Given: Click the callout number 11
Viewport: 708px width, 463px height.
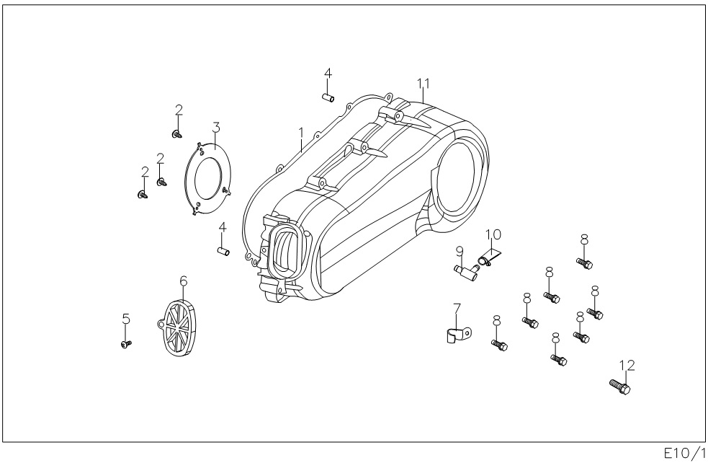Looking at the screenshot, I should pos(424,84).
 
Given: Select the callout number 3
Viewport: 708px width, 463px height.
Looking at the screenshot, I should pos(215,128).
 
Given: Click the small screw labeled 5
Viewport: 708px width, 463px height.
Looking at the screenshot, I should pos(126,345).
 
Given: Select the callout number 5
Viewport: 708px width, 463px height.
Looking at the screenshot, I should pos(126,317).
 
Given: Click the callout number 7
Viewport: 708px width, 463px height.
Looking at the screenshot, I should pos(455,309).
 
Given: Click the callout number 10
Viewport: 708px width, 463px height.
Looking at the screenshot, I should pos(493,234).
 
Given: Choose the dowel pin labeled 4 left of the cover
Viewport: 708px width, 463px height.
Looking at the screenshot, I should pos(223,250).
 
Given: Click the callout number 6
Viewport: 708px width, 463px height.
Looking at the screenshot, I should pos(183,279).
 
